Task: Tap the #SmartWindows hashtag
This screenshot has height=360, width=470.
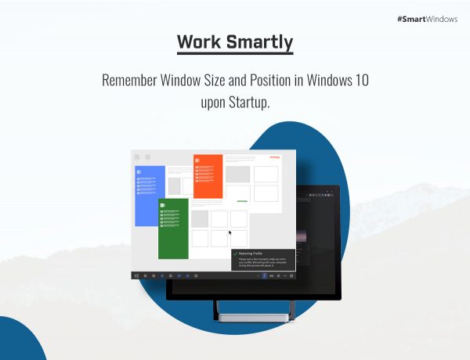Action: pos(428,18)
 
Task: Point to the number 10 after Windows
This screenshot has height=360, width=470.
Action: pos(359,81)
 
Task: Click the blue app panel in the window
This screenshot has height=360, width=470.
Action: pos(150,196)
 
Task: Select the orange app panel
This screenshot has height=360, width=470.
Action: pos(208,176)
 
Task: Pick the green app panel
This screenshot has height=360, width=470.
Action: pos(173,228)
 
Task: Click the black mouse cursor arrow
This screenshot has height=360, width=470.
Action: pos(230,232)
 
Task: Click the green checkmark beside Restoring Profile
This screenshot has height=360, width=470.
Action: pos(236,253)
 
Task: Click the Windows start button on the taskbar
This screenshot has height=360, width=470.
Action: pos(136,275)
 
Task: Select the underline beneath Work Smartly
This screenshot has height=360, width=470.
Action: pos(235,54)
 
